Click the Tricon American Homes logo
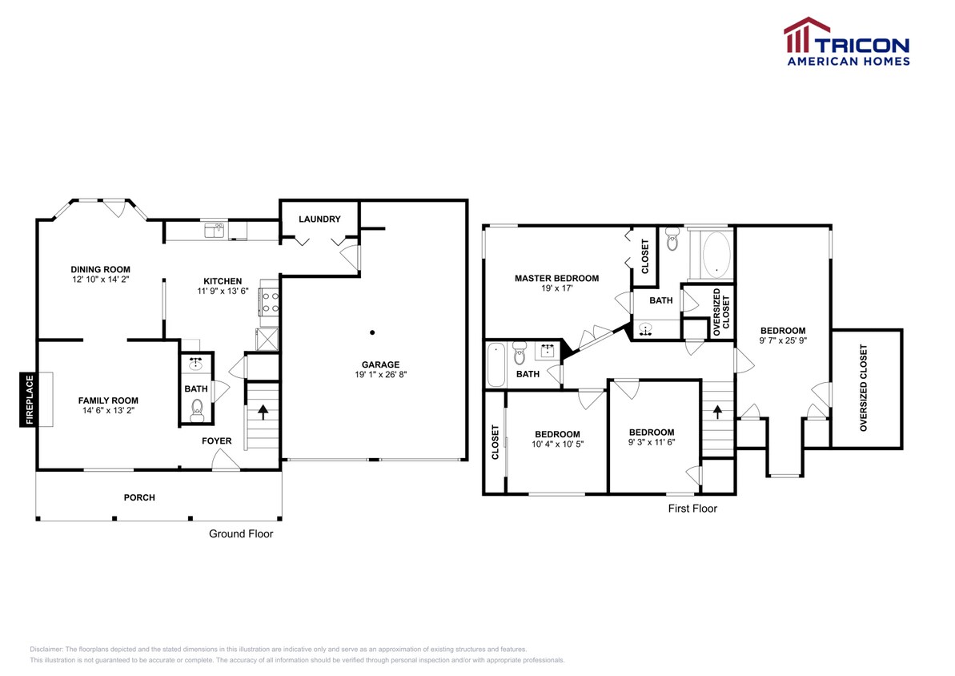tap(846, 41)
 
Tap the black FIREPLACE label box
tap(29, 399)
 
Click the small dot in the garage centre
tap(371, 331)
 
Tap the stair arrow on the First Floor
tap(717, 412)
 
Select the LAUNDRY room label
tap(319, 219)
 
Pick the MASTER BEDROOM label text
tap(556, 279)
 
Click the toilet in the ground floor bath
tap(196, 413)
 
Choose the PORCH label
tap(139, 497)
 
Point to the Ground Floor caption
tap(241, 533)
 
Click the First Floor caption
tap(692, 509)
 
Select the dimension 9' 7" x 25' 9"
tap(783, 340)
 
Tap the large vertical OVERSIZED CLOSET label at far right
tap(864, 388)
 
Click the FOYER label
tap(216, 441)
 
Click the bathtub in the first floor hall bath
tap(496, 364)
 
